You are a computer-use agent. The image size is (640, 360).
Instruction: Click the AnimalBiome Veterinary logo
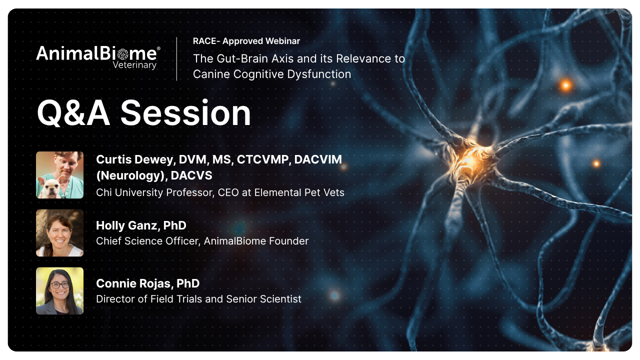pyautogui.click(x=98, y=57)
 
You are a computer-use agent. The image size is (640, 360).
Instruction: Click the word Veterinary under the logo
pyautogui.click(x=134, y=65)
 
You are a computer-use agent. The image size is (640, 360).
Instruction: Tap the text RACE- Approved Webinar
pyautogui.click(x=246, y=41)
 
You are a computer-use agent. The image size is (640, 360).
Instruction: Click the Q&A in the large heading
pyautogui.click(x=73, y=113)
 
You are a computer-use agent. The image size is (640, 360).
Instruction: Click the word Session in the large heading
pyautogui.click(x=185, y=113)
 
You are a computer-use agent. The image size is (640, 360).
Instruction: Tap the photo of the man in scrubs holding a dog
pyautogui.click(x=59, y=175)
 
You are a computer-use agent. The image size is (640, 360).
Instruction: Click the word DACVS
pyautogui.click(x=191, y=175)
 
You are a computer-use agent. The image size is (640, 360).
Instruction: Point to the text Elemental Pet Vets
pyautogui.click(x=299, y=192)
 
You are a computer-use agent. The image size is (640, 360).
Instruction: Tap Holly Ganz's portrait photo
pyautogui.click(x=59, y=233)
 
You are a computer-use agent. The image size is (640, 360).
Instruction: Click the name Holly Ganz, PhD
pyautogui.click(x=141, y=225)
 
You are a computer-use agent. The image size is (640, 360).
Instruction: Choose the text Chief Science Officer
pyautogui.click(x=148, y=241)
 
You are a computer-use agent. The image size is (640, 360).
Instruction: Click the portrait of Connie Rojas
pyautogui.click(x=59, y=291)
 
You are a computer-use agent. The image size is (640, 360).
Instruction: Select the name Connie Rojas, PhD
pyautogui.click(x=147, y=283)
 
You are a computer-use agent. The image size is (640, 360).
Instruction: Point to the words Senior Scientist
pyautogui.click(x=263, y=299)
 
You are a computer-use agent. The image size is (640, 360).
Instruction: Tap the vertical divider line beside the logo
pyautogui.click(x=177, y=59)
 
